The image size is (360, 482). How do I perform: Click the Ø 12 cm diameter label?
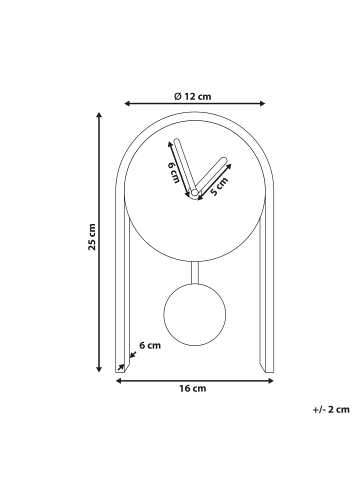click(193, 96)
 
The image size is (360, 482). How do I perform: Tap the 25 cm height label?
click(92, 237)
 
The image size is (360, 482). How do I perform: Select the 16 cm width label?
click(193, 388)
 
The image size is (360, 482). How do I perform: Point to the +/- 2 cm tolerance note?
click(331, 409)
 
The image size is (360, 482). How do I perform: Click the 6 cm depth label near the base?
click(150, 345)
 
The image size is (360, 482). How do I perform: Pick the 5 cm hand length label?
click(219, 186)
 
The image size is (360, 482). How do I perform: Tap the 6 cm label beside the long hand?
click(173, 172)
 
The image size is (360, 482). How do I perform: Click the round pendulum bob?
click(195, 314)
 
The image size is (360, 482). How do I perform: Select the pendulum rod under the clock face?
click(195, 272)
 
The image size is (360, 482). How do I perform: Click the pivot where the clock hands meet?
click(194, 192)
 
